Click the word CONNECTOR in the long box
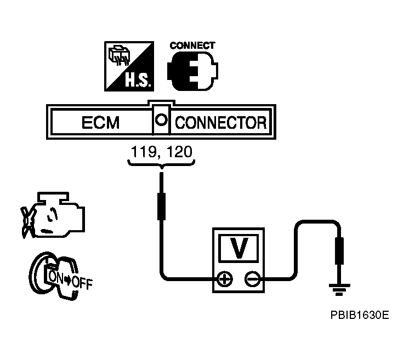pos(220,122)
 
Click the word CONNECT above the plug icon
pos(192,45)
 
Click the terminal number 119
pos(141,151)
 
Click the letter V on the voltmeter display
pos(239,248)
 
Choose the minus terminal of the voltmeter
pos(253,279)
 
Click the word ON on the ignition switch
pos(56,277)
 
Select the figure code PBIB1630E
pos(359,315)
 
